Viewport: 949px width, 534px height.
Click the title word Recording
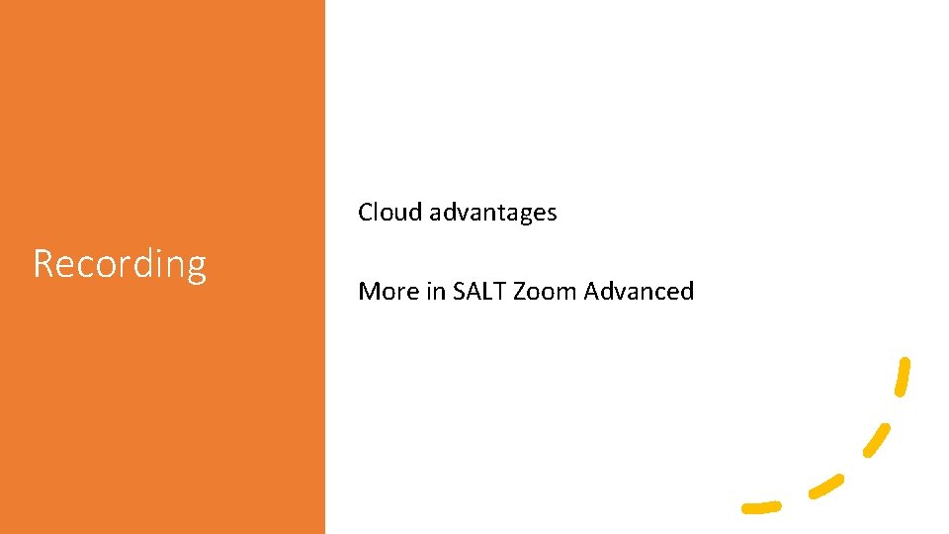[x=120, y=264]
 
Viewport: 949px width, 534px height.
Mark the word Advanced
[x=640, y=291]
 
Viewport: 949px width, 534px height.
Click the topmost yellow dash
[x=902, y=377]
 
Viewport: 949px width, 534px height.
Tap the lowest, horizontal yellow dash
[x=761, y=507]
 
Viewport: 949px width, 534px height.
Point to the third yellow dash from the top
[x=825, y=486]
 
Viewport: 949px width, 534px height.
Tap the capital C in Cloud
[x=366, y=212]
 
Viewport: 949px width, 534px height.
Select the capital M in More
[x=369, y=291]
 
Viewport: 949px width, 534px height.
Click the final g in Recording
[x=196, y=268]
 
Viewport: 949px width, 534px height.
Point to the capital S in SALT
[x=459, y=291]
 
